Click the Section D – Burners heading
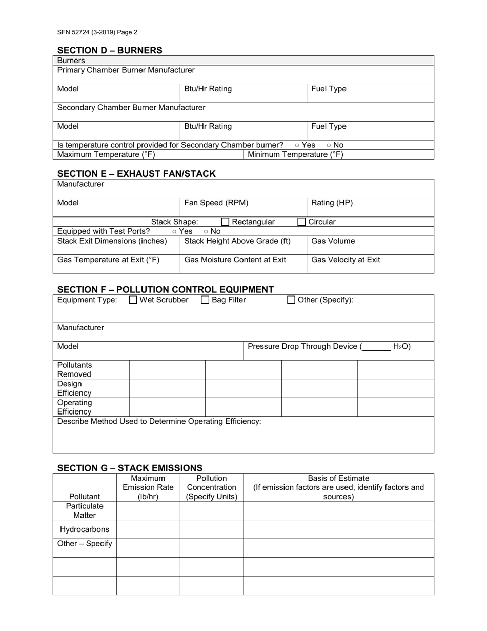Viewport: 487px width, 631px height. [110, 50]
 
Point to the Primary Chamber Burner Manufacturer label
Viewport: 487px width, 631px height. [126, 70]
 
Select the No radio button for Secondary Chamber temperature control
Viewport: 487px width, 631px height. [329, 145]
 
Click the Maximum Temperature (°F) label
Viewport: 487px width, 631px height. [106, 154]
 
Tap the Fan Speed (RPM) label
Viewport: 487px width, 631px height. [216, 203]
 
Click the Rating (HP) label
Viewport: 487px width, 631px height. [332, 203]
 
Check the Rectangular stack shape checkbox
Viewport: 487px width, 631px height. [225, 222]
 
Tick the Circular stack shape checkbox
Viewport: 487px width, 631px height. [301, 222]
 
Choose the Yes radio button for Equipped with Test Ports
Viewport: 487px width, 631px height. [175, 232]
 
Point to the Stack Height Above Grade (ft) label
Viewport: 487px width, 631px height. [237, 241]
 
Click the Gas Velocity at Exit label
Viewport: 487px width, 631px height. [346, 260]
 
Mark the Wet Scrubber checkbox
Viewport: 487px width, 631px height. [133, 300]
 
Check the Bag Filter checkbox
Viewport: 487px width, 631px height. [205, 300]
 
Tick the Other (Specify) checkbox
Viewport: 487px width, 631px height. [291, 300]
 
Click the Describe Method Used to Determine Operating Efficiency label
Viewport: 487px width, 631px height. [159, 421]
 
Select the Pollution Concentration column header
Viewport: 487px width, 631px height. [212, 487]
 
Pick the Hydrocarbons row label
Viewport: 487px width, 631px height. [85, 529]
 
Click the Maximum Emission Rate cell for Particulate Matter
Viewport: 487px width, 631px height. [148, 511]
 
